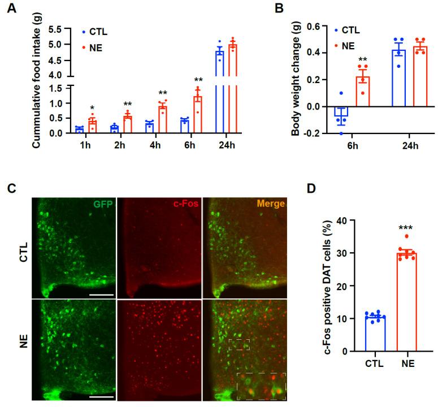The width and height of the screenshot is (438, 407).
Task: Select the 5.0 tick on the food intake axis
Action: [61, 45]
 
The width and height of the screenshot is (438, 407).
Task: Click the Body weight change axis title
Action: [296, 79]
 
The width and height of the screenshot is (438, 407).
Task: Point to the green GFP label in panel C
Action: [105, 203]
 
